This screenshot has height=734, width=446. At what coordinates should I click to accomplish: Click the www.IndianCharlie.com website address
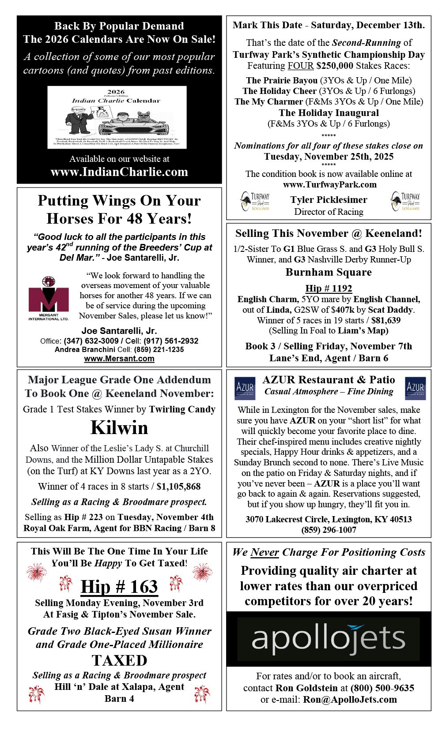[119, 172]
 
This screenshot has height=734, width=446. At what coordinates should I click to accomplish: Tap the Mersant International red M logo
[49, 299]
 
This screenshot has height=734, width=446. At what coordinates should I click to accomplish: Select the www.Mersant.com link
[119, 359]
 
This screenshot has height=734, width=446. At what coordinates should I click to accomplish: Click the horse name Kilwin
[119, 427]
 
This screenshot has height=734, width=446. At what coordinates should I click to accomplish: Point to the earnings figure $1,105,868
[178, 487]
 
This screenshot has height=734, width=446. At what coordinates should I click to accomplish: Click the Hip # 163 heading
[119, 587]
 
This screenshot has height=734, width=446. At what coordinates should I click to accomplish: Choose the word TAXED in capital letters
[119, 660]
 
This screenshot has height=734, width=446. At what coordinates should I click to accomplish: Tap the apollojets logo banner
[329, 639]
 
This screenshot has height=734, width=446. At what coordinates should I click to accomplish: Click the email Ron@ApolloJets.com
[350, 699]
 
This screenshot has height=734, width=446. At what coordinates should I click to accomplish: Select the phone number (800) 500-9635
[382, 688]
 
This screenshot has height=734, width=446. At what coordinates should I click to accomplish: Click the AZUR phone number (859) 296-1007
[329, 530]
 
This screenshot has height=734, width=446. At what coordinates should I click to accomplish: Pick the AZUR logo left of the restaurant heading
[245, 388]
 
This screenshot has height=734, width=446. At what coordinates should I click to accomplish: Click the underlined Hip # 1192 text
[329, 288]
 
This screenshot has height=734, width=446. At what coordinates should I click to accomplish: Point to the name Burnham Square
[329, 272]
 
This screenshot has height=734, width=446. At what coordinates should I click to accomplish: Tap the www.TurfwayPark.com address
[329, 184]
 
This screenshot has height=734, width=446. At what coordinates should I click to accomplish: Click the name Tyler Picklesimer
[329, 200]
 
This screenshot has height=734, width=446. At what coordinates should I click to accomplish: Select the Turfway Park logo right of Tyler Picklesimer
[405, 201]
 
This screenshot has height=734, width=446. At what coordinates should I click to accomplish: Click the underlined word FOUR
[300, 66]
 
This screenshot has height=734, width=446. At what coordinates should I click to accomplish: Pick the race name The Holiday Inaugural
[329, 113]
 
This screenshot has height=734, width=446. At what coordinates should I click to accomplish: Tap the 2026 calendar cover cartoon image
[117, 117]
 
